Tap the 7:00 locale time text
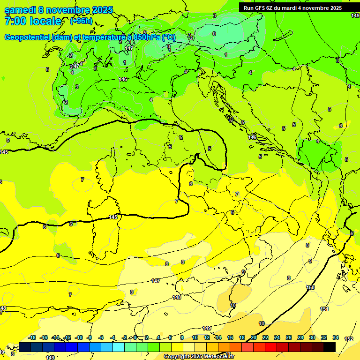(x=33, y=22)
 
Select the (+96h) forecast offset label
(x=81, y=21)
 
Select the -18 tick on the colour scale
(x=32, y=337)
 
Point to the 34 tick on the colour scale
(x=335, y=337)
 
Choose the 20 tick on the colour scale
(x=254, y=337)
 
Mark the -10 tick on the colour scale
(x=79, y=337)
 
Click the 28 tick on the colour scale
(x=300, y=337)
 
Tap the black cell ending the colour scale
(x=330, y=347)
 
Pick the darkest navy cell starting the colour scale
(x=25, y=347)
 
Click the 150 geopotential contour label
(x=310, y=287)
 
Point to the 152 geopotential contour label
(x=349, y=339)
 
